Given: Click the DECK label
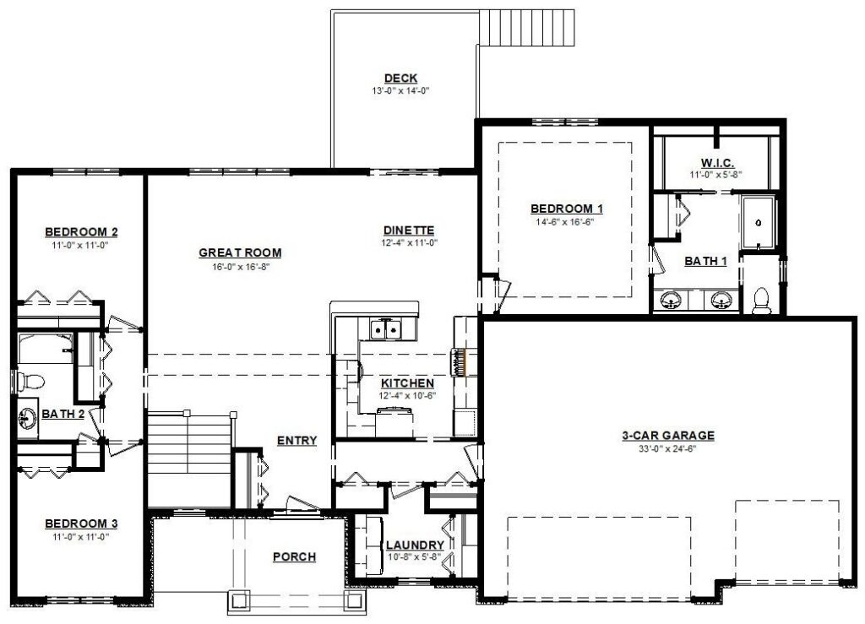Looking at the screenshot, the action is pos(400,79).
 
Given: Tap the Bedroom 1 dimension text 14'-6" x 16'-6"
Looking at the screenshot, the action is pos(566,222).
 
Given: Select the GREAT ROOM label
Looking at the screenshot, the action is pos(240,253).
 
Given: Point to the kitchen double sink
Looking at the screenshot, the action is pos(386,329).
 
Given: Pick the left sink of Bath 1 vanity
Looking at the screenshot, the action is pos(671,301).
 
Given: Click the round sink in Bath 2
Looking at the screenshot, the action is pos(26,420).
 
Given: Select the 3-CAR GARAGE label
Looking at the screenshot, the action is pos(668,436).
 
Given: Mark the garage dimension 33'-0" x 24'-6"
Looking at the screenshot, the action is pos(667,448).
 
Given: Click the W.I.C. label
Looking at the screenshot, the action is pos(717,163).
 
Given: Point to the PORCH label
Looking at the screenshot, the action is pos(295,556).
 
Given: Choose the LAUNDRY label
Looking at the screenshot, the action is pos(415,545).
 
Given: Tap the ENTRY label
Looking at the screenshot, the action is pos(296,441).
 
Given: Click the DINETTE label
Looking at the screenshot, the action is pos(409,231).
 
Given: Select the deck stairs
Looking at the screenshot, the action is pos(527,28).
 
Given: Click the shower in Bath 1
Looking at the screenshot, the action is pos(759,222).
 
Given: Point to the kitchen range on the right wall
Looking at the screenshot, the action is pos(458,362).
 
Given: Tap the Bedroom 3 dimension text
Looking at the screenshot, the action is pos(80,537).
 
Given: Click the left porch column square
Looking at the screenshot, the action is pos(239,600).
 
